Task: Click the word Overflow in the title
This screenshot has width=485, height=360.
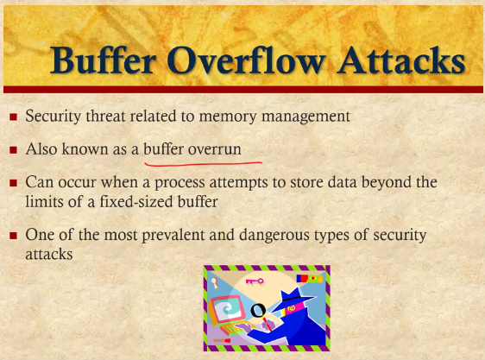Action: point(246,60)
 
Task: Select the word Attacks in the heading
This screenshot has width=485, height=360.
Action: point(401,60)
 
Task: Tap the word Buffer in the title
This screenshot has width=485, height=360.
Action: point(103,60)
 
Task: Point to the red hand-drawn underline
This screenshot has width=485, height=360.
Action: point(203,163)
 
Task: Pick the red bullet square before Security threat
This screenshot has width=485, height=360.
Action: point(13,117)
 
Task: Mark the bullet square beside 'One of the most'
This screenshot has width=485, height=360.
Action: point(13,236)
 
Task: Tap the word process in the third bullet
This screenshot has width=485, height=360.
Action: point(180,183)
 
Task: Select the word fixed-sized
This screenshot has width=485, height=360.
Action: point(136,202)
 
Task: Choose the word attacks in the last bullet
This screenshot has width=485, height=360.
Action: point(49,255)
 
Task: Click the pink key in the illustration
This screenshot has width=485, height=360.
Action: point(255,281)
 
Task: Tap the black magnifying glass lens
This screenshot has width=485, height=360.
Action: point(258,310)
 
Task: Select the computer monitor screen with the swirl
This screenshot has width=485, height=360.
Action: point(228,309)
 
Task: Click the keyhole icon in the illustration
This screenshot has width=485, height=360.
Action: point(214,282)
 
